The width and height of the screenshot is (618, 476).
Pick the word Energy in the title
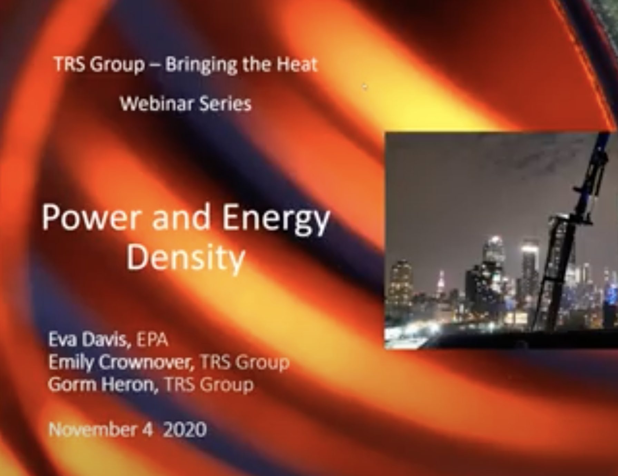coord(276,221)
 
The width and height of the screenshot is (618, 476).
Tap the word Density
coord(185,259)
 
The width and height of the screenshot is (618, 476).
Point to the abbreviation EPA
coord(153,340)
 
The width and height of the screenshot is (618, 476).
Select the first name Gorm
coord(71,385)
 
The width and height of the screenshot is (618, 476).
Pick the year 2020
coord(185,430)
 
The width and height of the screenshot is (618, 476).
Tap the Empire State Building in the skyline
coord(441,283)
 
